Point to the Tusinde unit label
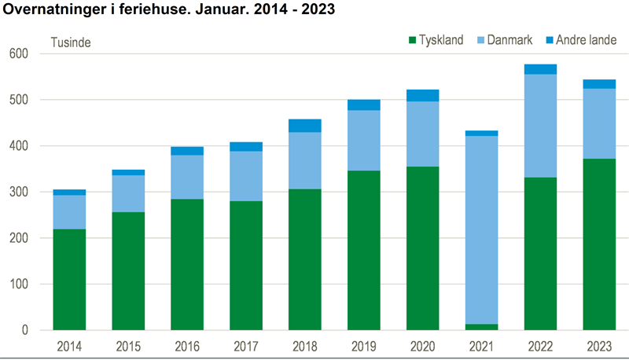point(71,42)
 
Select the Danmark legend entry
point(508,40)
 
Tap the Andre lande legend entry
point(581,40)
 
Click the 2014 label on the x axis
point(69,347)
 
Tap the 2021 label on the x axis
point(481,347)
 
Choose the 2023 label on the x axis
point(599,347)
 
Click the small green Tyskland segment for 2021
point(481,327)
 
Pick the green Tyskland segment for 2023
point(599,244)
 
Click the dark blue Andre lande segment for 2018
point(305,126)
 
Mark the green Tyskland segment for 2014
point(69,280)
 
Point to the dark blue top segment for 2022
point(540,69)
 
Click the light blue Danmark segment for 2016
point(187,177)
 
